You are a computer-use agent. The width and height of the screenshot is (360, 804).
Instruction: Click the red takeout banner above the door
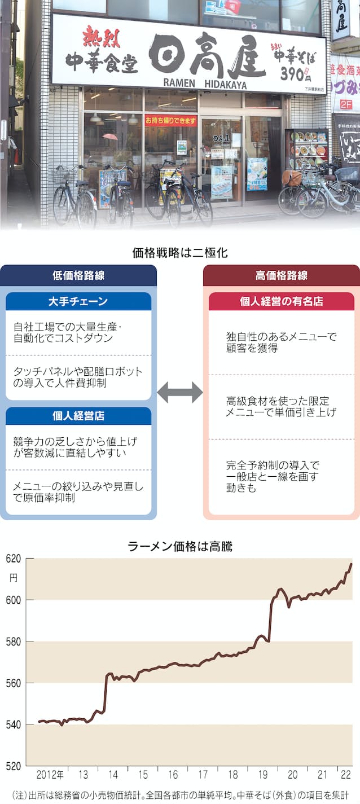click(x=171, y=120)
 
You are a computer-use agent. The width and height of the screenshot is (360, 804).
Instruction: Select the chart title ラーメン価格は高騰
click(x=180, y=546)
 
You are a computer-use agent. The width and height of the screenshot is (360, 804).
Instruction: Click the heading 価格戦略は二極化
click(x=180, y=253)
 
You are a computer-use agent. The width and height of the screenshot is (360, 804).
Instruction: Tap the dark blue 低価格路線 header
click(x=78, y=275)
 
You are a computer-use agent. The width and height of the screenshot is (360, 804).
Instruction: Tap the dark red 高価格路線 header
click(x=281, y=275)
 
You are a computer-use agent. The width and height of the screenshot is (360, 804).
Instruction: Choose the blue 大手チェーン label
click(x=78, y=301)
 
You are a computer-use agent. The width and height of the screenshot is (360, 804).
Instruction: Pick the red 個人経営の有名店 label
click(x=281, y=301)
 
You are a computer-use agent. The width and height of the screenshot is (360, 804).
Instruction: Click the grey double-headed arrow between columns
click(x=179, y=392)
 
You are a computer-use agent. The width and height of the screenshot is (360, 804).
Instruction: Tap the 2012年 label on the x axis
click(x=50, y=774)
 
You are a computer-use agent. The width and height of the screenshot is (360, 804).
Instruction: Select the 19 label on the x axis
click(x=264, y=774)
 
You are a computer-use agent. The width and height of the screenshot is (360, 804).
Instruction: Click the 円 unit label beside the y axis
click(x=14, y=577)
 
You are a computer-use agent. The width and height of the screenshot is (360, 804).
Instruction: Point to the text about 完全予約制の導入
click(x=272, y=476)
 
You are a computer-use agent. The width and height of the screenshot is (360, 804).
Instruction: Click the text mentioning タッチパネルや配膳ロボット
click(x=78, y=377)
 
